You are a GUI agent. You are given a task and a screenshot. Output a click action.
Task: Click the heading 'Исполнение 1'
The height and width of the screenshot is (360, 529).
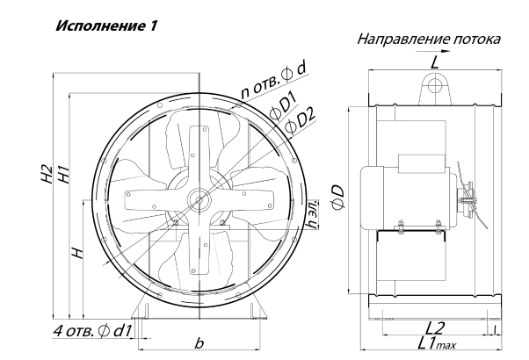click(x=106, y=25)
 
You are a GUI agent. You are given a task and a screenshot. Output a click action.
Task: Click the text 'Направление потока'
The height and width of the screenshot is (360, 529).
click(x=429, y=40)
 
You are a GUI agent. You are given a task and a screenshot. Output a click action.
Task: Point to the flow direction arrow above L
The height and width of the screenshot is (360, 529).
click(x=433, y=51)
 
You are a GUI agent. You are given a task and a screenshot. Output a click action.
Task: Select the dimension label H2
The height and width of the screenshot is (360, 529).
click(x=46, y=175)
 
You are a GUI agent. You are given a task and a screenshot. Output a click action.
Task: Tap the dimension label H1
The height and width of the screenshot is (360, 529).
click(x=64, y=175)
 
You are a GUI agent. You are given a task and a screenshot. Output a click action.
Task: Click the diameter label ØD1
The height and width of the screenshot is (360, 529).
click(x=283, y=107)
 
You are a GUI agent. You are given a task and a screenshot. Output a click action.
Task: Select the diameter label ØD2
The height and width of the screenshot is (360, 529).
click(x=300, y=121)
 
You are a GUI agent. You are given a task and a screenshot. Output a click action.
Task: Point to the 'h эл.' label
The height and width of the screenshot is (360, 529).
click(x=314, y=214)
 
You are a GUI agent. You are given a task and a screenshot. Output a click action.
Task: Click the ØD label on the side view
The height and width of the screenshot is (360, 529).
click(x=337, y=198)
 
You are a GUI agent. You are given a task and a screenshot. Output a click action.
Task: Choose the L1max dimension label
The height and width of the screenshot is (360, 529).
click(x=438, y=343)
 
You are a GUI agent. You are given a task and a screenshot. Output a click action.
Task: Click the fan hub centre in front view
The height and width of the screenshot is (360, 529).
click(x=199, y=200)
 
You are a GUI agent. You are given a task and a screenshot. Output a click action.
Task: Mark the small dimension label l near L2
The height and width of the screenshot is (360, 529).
click(x=494, y=330)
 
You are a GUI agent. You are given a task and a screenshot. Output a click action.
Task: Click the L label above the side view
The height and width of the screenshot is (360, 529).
click(x=435, y=62)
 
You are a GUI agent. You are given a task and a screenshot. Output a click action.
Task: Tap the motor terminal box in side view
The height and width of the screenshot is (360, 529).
click(x=422, y=164)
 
